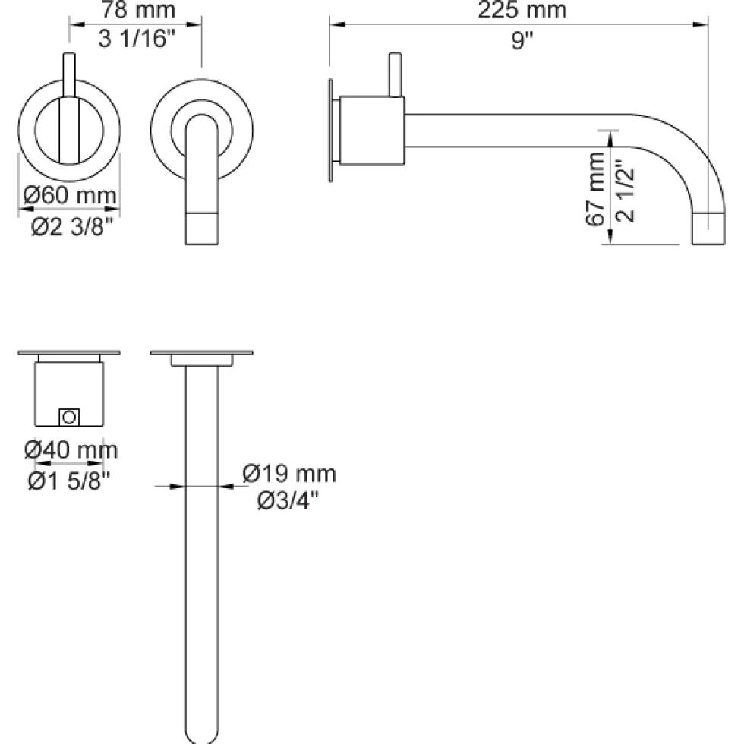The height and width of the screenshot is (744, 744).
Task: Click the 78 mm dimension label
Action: pyautogui.click(x=138, y=10)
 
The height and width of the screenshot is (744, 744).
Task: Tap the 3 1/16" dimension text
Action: pyautogui.click(x=137, y=39)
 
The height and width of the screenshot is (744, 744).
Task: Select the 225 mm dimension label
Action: pyautogui.click(x=522, y=10)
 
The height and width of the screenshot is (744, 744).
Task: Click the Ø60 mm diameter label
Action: pyautogui.click(x=70, y=195)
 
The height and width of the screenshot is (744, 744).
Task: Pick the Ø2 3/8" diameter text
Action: pyautogui.click(x=72, y=226)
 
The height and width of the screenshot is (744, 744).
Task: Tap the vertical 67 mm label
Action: pyautogui.click(x=595, y=188)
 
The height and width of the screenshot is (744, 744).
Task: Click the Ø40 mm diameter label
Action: pyautogui.click(x=71, y=449)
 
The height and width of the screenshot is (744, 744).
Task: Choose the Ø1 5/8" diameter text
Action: pyautogui.click(x=69, y=481)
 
